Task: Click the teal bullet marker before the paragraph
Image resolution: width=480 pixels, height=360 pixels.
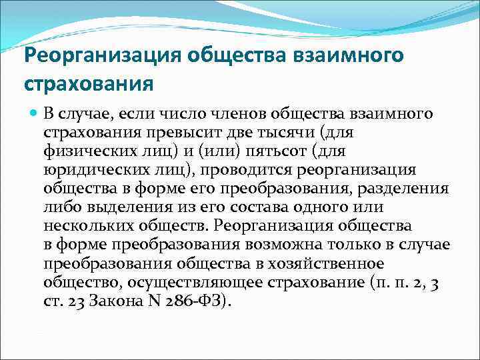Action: [32, 114]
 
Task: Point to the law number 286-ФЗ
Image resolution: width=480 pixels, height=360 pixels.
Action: [197, 301]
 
